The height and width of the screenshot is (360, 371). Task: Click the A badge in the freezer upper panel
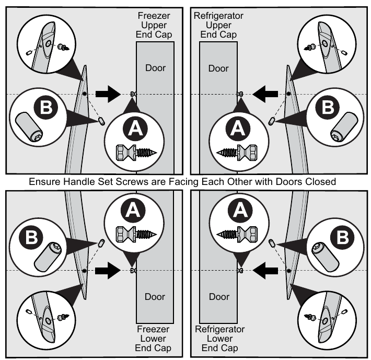pyautogui.click(x=132, y=126)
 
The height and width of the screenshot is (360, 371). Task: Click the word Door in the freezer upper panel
pyautogui.click(x=155, y=68)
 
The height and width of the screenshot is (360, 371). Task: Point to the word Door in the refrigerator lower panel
pyautogui.click(x=218, y=297)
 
